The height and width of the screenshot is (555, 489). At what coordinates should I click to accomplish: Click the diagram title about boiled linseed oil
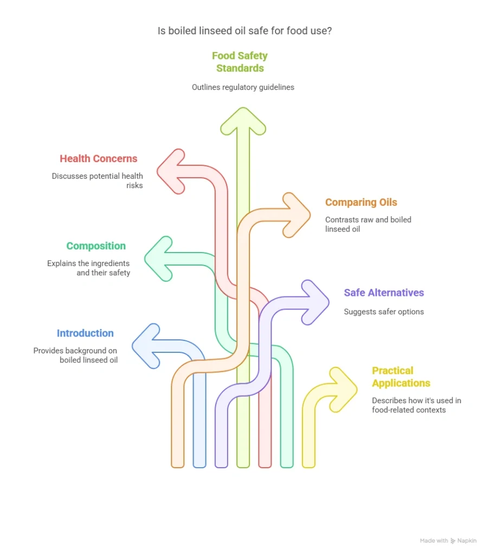coord(244,31)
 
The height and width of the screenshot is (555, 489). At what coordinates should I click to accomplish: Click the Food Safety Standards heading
coord(240,62)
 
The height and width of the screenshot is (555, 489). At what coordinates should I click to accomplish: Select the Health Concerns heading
coord(98,159)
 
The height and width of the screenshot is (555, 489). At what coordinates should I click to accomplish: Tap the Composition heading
coord(96,246)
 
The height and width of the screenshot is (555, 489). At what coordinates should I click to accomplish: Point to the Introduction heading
coord(85,333)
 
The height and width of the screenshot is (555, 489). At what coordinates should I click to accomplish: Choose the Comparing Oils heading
coord(361,203)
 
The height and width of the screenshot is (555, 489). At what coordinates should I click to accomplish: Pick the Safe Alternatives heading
coord(384,293)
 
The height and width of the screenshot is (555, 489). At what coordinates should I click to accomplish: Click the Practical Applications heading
coord(401,377)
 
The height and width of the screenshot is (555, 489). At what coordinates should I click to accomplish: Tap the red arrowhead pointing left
coord(171,171)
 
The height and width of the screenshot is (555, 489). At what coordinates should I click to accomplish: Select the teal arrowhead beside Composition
coord(158,259)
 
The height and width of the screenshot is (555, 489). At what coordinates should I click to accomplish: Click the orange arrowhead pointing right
coord(296,215)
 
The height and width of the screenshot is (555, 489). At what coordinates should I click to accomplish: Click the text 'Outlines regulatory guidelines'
coord(243,87)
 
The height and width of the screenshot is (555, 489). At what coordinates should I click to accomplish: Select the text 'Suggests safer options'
coord(384,312)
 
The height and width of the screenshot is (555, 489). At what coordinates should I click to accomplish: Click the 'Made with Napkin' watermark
coord(448,541)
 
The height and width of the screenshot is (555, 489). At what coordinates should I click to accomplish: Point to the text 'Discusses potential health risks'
coord(98,180)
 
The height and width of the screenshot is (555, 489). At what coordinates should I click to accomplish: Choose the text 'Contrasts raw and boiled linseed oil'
coord(368,224)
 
